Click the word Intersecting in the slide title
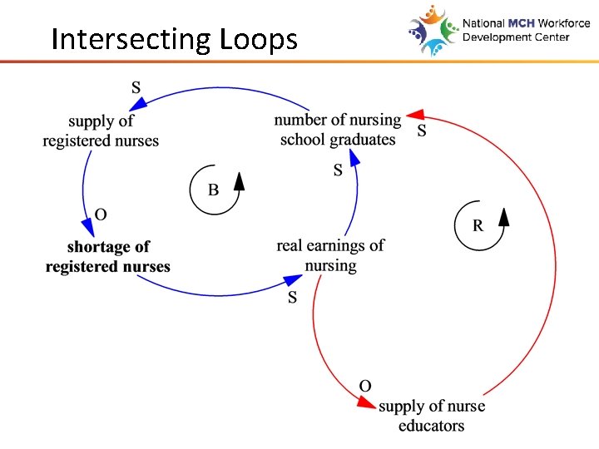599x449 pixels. tap(131, 39)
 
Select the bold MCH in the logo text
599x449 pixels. tap(517, 24)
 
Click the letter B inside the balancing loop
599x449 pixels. tap(213, 190)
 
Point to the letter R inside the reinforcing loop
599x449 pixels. tap(478, 224)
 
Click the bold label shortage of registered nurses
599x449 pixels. tap(107, 257)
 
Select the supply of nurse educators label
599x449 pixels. tap(431, 416)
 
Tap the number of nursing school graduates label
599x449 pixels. tap(338, 130)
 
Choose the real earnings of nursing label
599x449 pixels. tap(330, 255)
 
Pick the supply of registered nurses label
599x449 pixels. tap(101, 131)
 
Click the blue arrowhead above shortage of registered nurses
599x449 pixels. tap(87, 227)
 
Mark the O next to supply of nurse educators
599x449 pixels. tap(364, 385)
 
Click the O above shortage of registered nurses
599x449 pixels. tap(101, 215)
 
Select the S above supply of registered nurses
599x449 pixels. tap(136, 86)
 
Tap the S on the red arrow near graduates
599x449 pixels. tap(422, 131)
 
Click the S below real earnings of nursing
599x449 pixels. tap(292, 298)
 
